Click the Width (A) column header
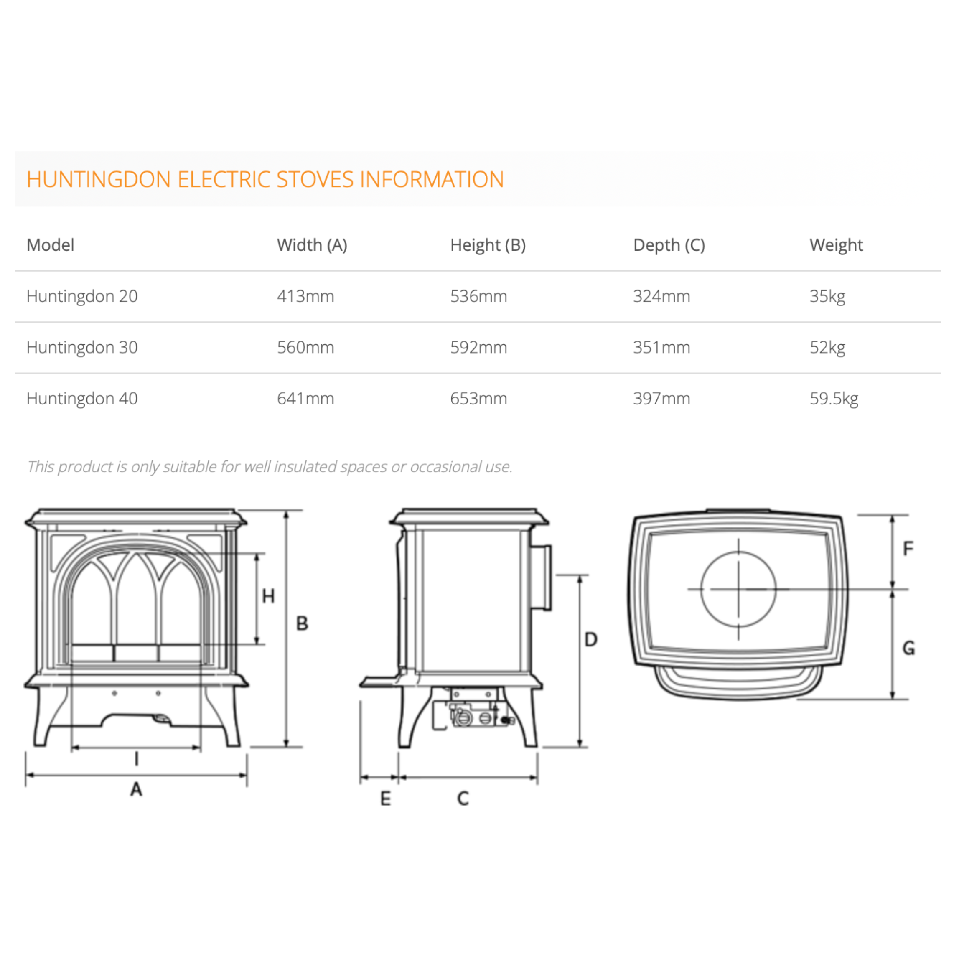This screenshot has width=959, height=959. click(x=312, y=245)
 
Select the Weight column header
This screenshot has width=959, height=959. click(x=836, y=245)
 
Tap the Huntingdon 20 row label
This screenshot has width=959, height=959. click(x=82, y=296)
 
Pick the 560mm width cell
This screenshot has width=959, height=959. click(x=305, y=348)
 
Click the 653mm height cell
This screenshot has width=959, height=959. click(x=478, y=399)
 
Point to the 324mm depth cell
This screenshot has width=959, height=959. click(x=661, y=296)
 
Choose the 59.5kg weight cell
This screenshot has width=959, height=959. click(x=834, y=399)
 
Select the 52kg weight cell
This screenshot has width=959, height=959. click(x=827, y=348)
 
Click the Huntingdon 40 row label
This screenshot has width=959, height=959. click(x=82, y=399)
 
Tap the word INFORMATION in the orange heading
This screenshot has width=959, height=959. click(x=431, y=179)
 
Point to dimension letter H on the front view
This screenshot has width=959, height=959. click(x=268, y=595)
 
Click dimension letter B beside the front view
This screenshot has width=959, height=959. click(x=302, y=623)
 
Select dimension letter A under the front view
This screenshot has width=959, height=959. click(x=136, y=789)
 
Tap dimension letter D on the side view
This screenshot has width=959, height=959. click(x=591, y=639)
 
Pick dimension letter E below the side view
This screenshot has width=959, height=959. click(x=385, y=799)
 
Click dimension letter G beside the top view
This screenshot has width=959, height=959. click(x=908, y=648)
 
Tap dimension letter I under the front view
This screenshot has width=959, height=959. click(x=137, y=759)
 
